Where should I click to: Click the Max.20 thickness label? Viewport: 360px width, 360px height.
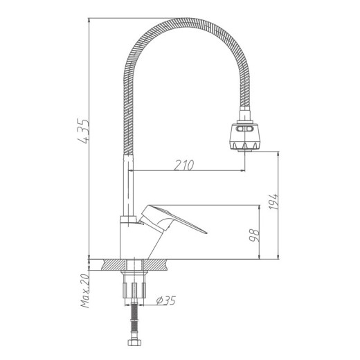(x=85, y=290)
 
